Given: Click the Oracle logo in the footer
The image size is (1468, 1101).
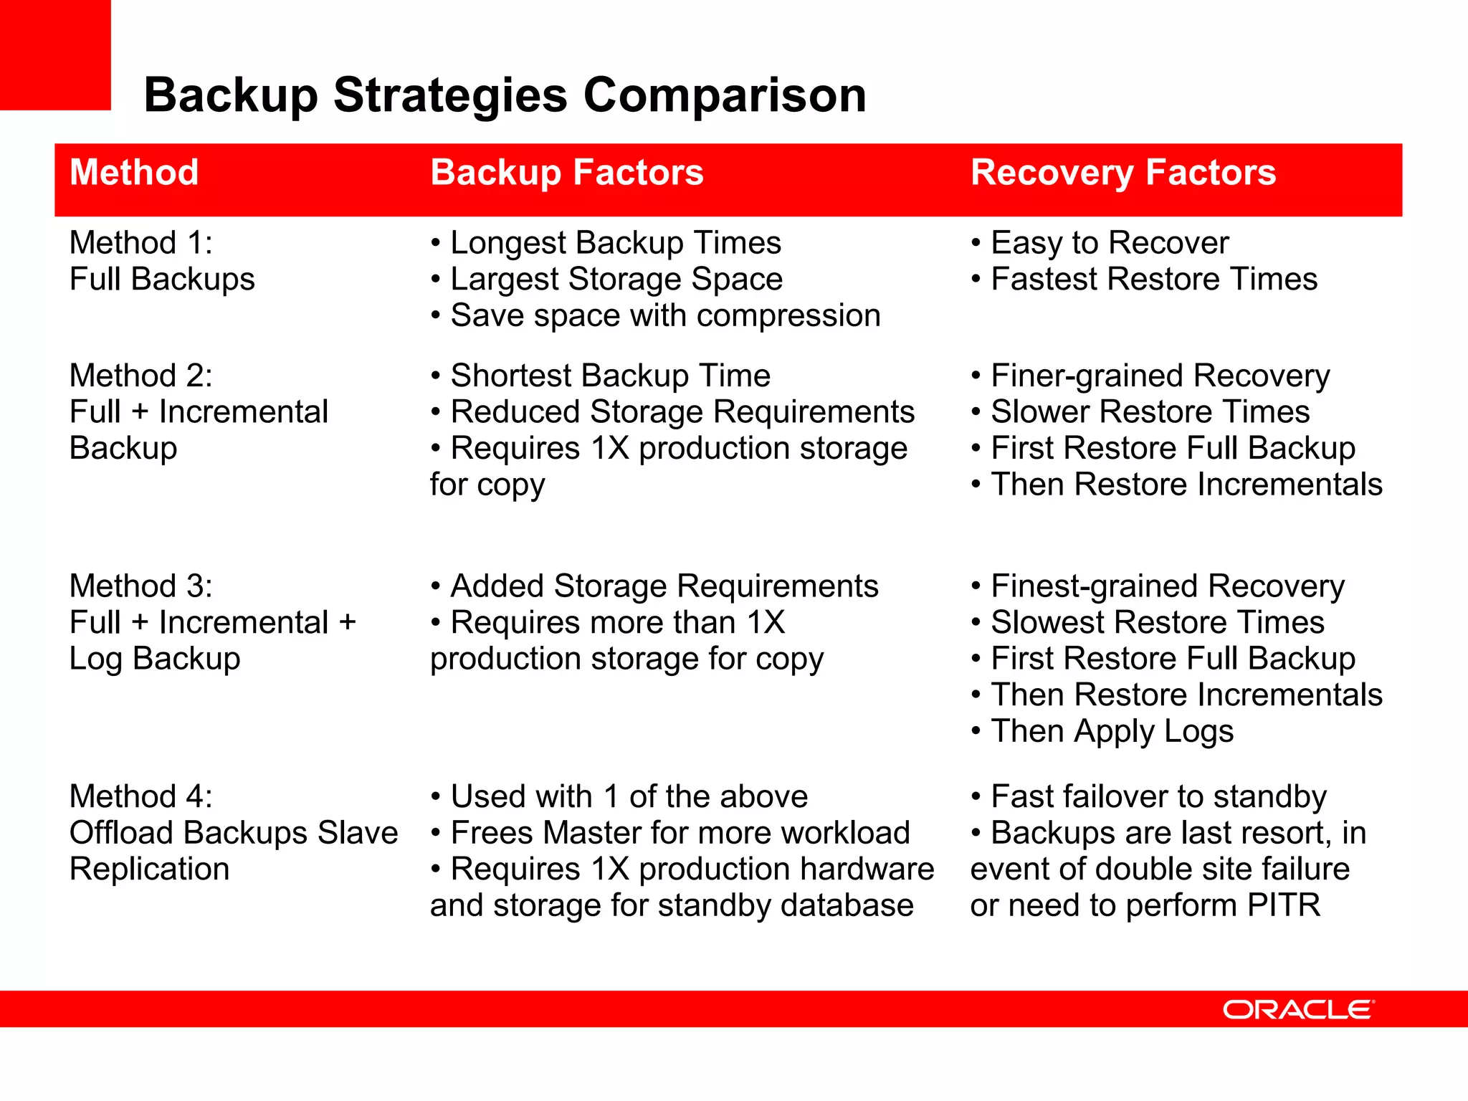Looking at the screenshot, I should (1297, 1009).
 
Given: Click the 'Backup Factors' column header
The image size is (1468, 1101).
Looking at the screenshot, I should (566, 173).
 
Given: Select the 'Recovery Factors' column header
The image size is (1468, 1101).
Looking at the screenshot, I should (1123, 173).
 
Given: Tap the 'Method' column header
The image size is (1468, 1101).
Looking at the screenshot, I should (134, 173).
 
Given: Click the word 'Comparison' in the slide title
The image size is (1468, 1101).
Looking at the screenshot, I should (725, 95).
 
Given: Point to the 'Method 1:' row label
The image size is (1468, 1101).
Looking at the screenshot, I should (140, 242).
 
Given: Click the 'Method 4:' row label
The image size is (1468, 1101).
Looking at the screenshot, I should (140, 796).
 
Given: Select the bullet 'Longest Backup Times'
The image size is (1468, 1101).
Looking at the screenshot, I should (615, 242).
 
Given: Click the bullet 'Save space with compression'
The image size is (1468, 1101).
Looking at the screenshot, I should (664, 315).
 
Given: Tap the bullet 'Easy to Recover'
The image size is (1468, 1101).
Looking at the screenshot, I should (1109, 242).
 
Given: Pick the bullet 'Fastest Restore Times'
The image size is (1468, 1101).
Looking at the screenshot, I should (1153, 279).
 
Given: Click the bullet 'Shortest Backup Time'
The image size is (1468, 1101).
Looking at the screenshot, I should (610, 376).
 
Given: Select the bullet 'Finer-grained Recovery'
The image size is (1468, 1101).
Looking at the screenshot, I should (1160, 376).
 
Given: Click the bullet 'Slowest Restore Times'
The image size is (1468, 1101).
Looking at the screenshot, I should (1157, 622).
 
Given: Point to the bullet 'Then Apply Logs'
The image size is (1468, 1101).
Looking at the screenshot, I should (1112, 731).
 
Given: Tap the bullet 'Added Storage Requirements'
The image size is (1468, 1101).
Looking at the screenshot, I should (664, 586).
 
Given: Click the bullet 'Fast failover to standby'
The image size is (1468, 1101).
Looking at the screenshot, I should (1158, 796).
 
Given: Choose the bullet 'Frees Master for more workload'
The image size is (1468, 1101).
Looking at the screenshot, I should (680, 833).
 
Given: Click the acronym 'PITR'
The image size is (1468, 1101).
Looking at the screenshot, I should (1282, 905).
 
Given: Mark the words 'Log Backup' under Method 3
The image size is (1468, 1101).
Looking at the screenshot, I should (155, 659).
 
